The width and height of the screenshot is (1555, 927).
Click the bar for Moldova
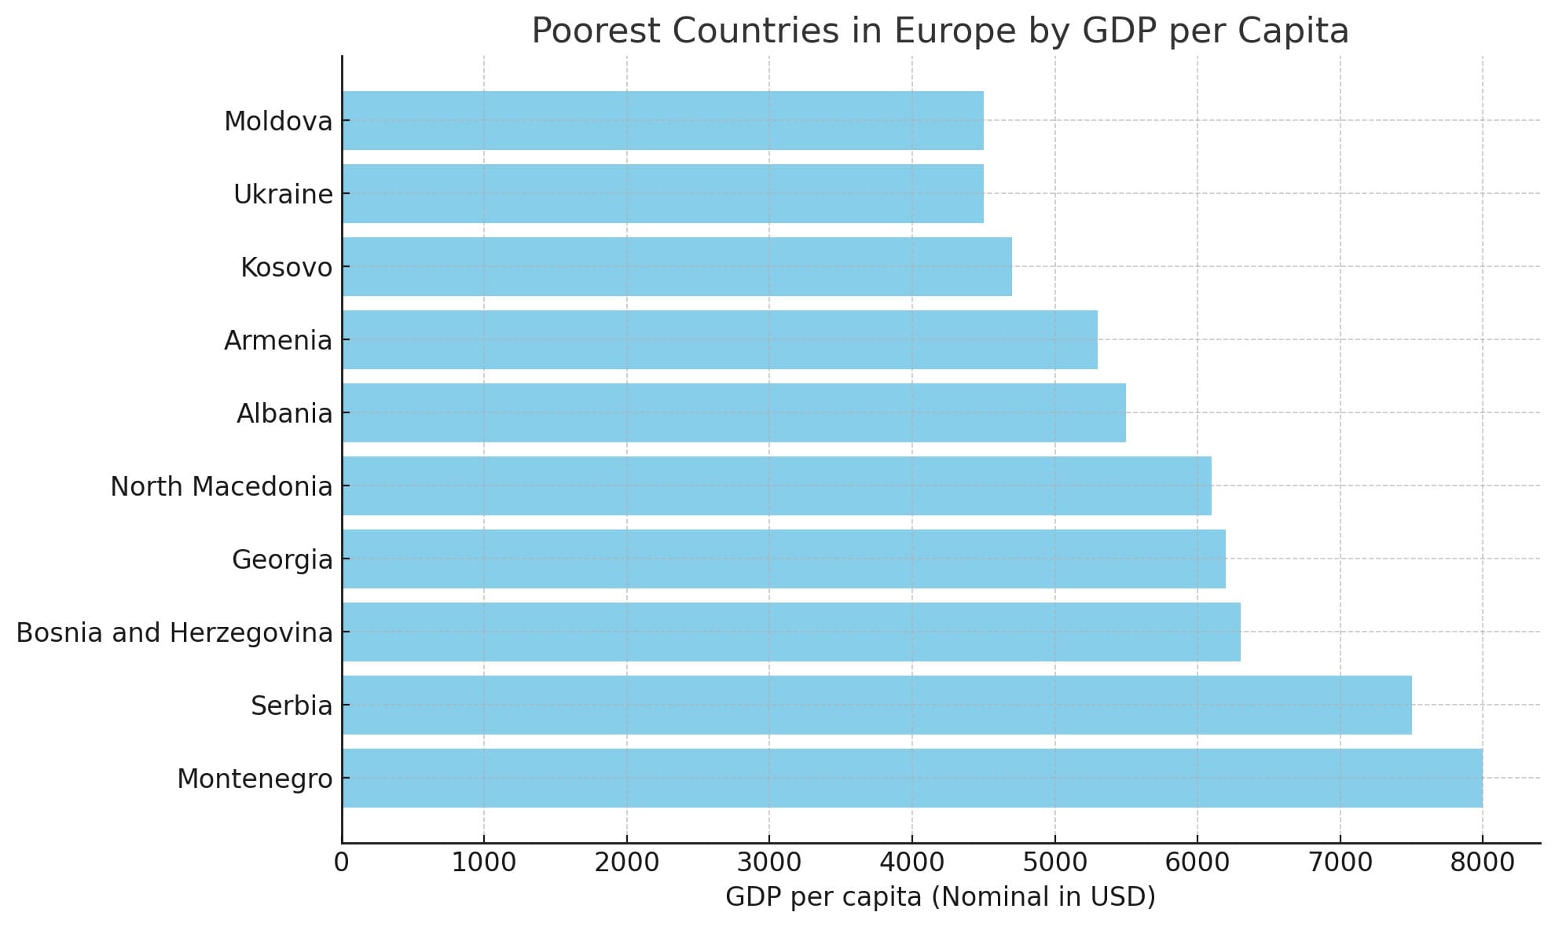[x=662, y=120]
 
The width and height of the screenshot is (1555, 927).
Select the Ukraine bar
[x=662, y=193]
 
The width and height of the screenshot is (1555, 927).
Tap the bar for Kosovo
[x=677, y=266]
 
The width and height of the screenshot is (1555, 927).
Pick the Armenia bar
[x=719, y=339]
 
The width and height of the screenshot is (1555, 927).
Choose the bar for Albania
[x=733, y=412]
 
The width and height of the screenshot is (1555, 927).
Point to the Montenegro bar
[x=911, y=778]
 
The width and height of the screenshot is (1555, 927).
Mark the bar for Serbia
[x=876, y=705]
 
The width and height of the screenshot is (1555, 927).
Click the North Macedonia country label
[x=221, y=486]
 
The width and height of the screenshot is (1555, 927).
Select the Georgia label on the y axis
[x=282, y=559]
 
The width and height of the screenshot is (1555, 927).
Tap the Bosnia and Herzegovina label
[x=174, y=632]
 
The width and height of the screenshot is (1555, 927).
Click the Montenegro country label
[x=255, y=779]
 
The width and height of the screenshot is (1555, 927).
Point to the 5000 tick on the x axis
[x=1054, y=863]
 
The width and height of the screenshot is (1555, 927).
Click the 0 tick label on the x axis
[x=341, y=863]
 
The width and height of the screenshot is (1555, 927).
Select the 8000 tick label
[x=1482, y=863]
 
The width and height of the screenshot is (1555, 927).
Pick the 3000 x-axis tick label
[x=769, y=863]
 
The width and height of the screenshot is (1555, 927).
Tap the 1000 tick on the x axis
[x=484, y=863]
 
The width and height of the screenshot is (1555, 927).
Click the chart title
[x=940, y=31]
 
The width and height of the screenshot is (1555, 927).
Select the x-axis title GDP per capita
[x=940, y=896]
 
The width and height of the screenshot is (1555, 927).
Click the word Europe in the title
[x=955, y=31]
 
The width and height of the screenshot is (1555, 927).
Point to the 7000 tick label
[x=1340, y=863]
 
